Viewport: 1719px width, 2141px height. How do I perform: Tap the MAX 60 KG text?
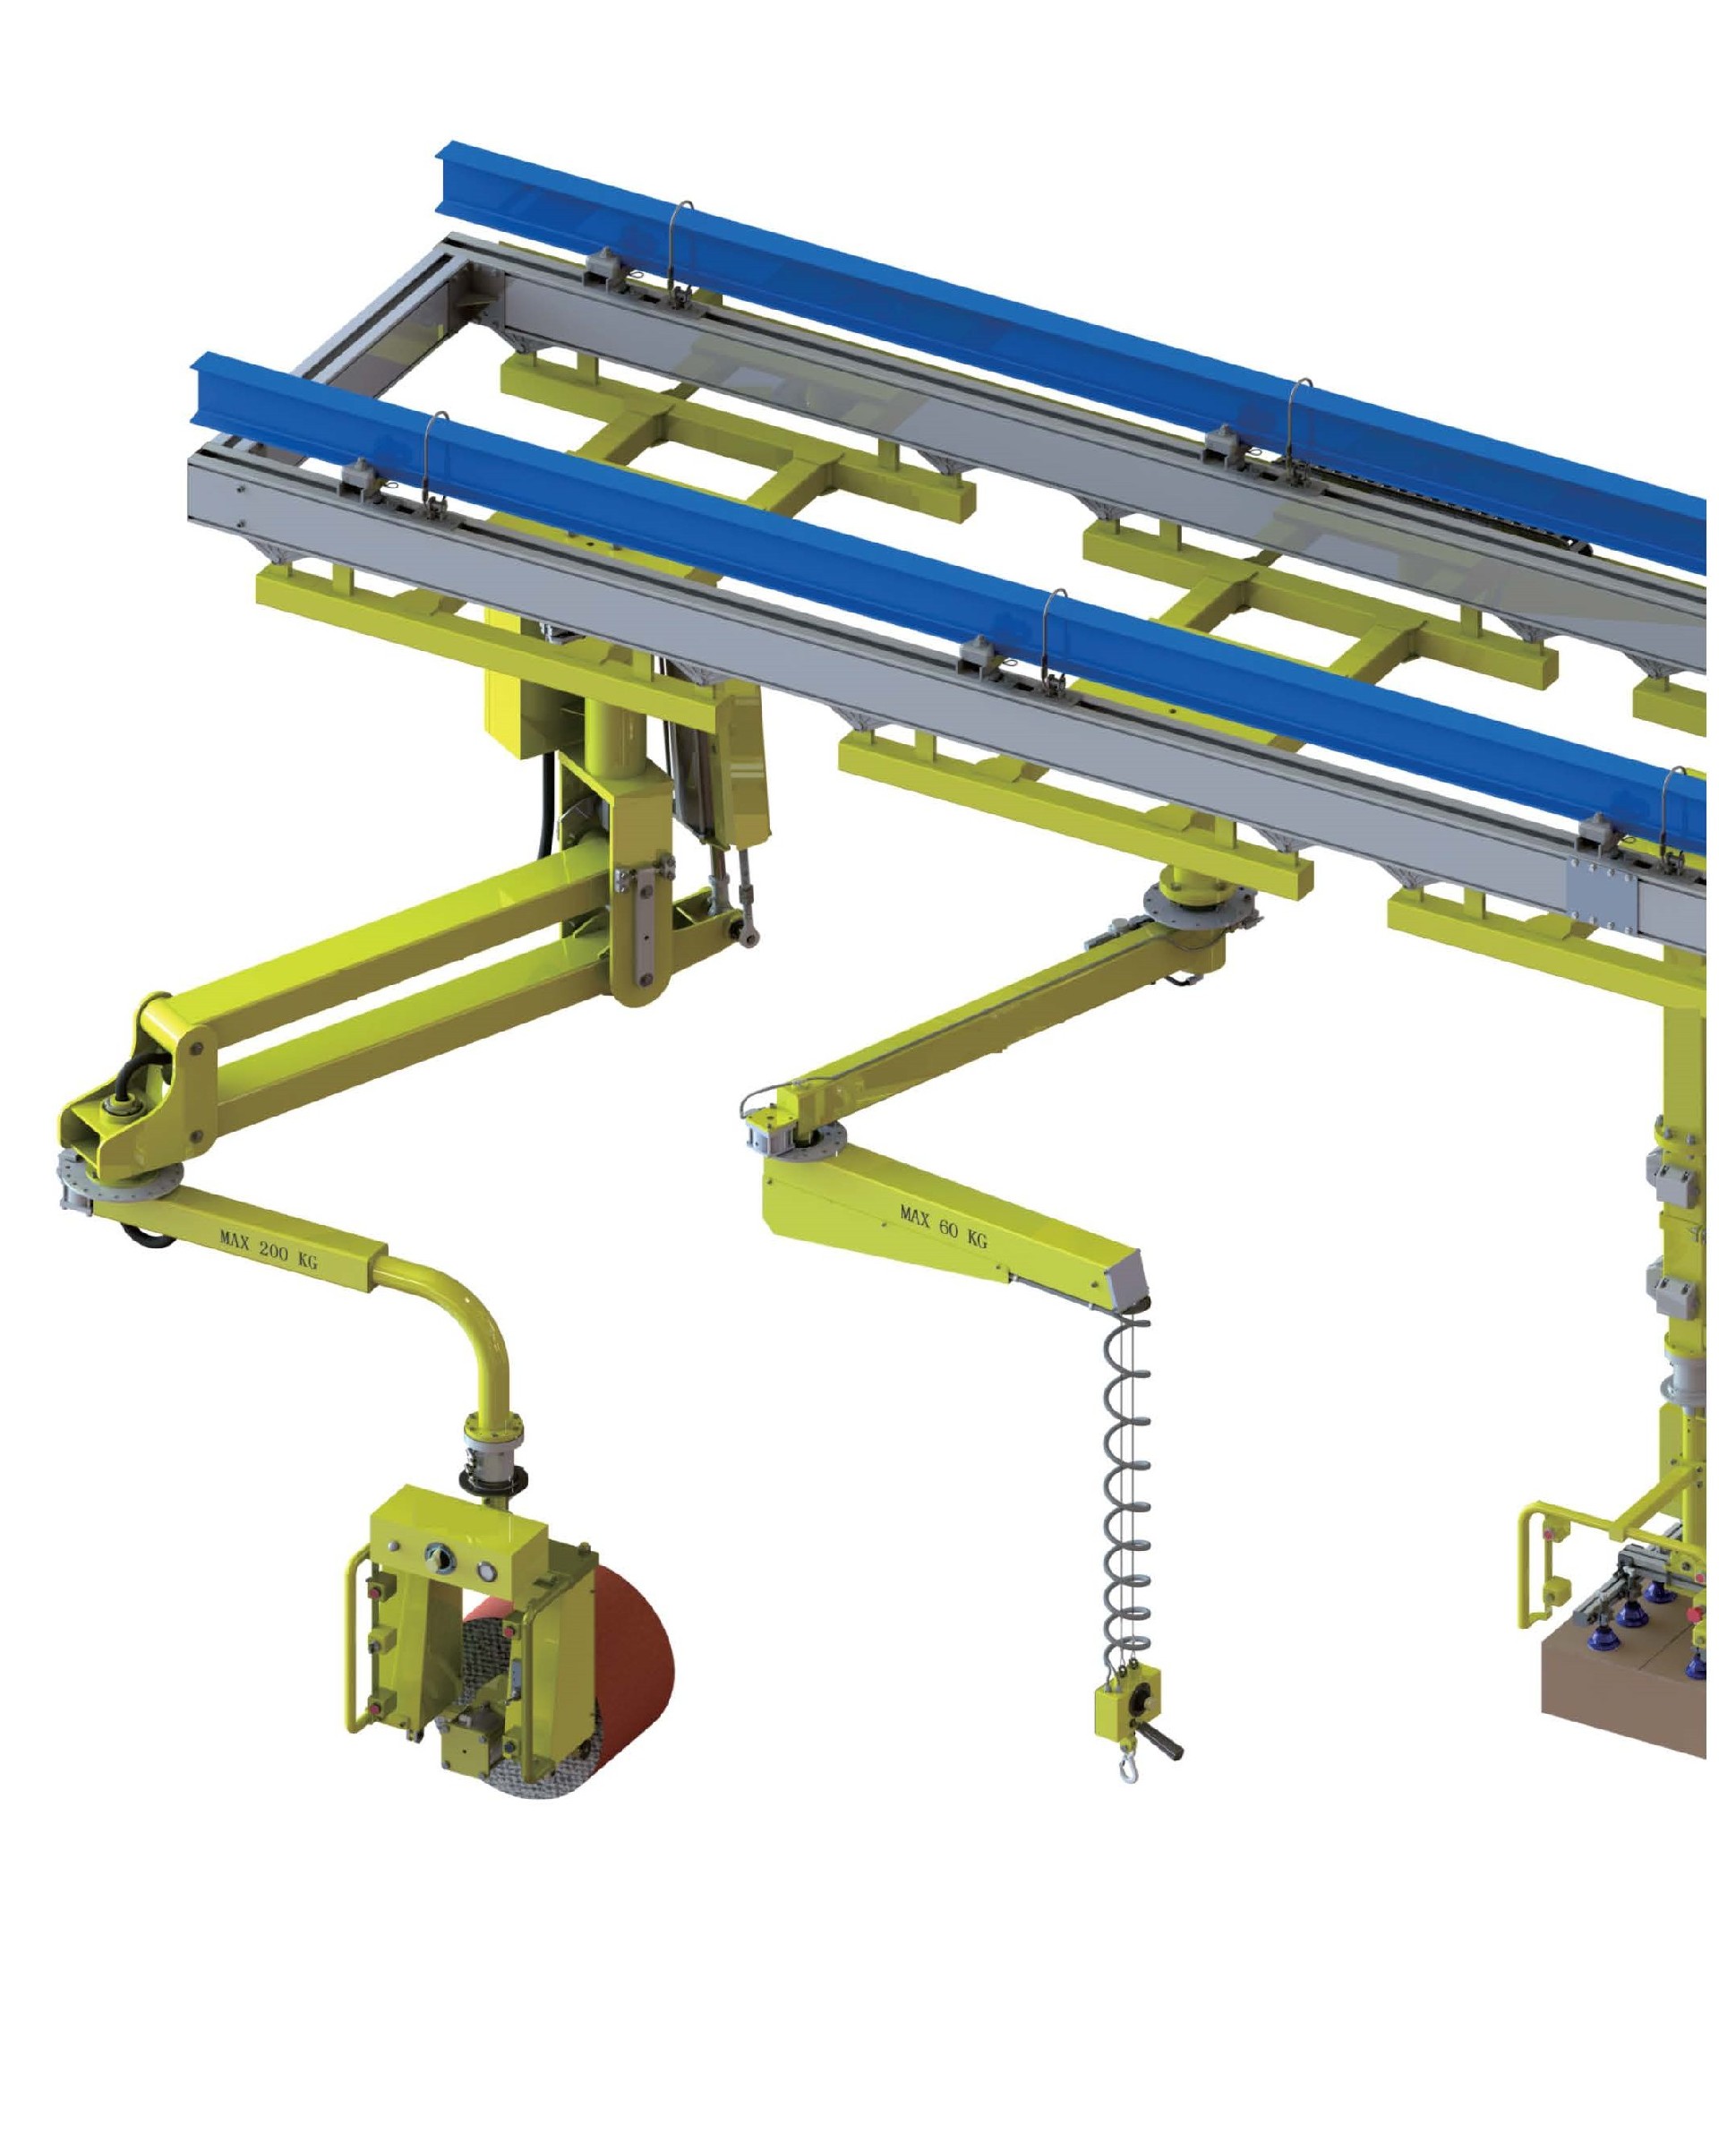(944, 1227)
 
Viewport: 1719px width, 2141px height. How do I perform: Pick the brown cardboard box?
(1624, 1688)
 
